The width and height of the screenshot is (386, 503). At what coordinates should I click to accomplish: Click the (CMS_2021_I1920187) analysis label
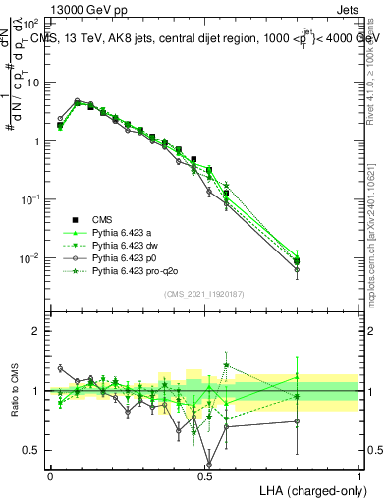point(204,293)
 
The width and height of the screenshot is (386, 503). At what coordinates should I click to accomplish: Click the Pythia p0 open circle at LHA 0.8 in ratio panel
point(297,421)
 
